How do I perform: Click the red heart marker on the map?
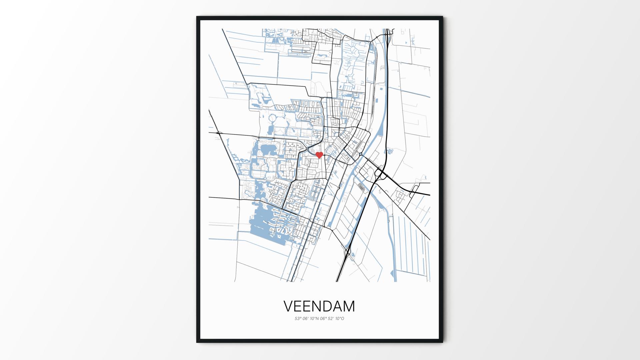(319, 155)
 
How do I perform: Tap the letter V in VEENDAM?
(289, 306)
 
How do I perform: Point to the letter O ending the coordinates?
(342, 319)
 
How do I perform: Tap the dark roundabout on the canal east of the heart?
(361, 154)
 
